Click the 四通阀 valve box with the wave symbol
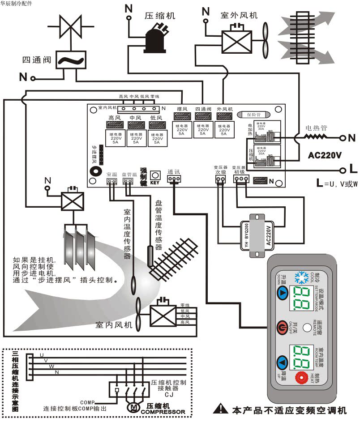[71, 60]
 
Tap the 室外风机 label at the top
[239, 15]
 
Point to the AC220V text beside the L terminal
[325, 155]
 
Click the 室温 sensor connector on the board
[111, 181]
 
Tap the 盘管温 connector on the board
[128, 181]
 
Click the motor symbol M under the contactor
[135, 406]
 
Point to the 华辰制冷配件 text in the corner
[19, 4]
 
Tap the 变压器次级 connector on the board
[220, 179]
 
